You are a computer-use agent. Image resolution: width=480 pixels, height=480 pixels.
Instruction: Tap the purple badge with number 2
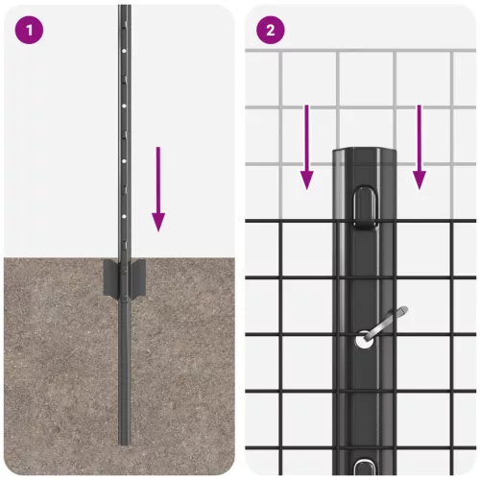click(x=271, y=29)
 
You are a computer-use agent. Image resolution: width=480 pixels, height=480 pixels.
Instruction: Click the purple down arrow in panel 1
click(x=158, y=188)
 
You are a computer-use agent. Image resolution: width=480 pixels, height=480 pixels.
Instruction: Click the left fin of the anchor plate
click(x=109, y=280)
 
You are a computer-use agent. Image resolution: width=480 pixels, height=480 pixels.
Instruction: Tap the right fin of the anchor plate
click(x=140, y=280)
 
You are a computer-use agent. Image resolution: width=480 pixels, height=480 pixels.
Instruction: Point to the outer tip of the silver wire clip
click(x=406, y=310)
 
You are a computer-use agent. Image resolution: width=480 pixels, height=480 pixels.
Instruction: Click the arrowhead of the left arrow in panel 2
click(x=305, y=179)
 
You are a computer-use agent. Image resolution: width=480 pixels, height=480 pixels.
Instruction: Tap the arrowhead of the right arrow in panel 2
click(x=419, y=179)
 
